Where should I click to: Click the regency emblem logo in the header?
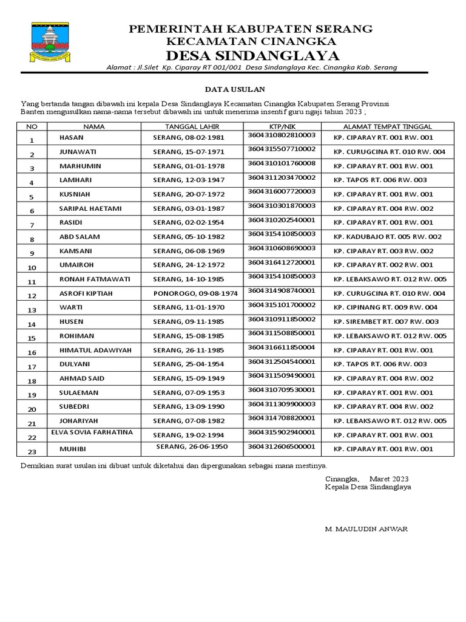click(48, 43)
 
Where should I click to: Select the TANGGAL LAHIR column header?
click(191, 126)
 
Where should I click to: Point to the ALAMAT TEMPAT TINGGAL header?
click(387, 126)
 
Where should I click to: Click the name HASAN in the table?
click(72, 138)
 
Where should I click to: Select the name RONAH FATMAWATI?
click(92, 279)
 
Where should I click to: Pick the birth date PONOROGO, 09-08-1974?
click(195, 293)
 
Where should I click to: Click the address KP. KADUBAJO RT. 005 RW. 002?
click(387, 236)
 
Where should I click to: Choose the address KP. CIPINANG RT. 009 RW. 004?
click(385, 307)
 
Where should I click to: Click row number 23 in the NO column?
click(33, 451)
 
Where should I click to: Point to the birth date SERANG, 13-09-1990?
click(187, 406)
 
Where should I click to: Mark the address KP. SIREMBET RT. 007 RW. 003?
click(386, 321)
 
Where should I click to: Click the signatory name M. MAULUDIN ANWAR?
click(366, 529)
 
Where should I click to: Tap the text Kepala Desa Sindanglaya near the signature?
click(368, 487)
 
